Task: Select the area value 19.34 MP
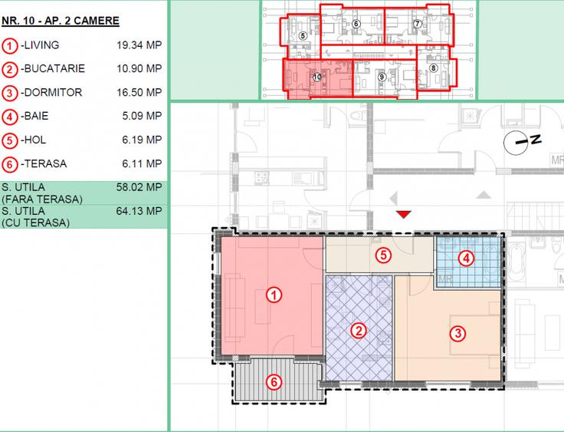139,45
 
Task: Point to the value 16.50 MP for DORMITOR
139,93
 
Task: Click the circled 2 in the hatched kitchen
357,331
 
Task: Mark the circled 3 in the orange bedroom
457,333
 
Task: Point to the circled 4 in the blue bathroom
467,259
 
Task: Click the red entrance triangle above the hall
404,214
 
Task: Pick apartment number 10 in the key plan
315,77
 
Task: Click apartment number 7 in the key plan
418,24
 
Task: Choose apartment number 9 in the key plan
381,76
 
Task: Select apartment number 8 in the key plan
434,68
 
